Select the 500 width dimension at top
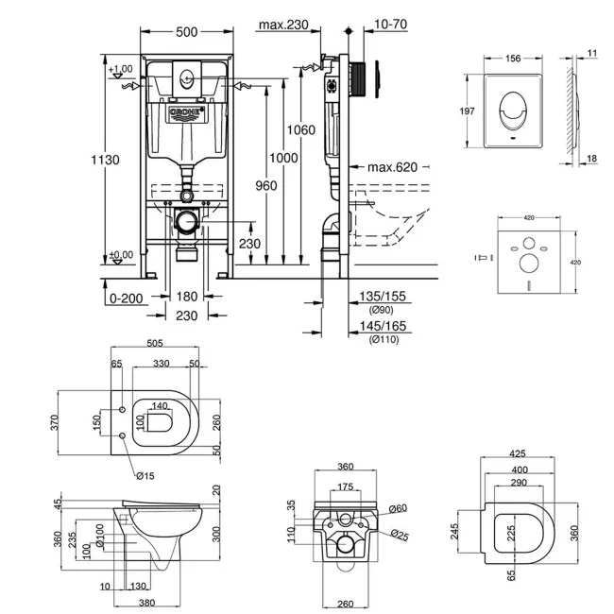pyautogui.click(x=186, y=31)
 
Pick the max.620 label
pyautogui.click(x=392, y=167)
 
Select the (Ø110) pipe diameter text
pyautogui.click(x=384, y=339)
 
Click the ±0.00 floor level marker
pyautogui.click(x=121, y=255)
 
